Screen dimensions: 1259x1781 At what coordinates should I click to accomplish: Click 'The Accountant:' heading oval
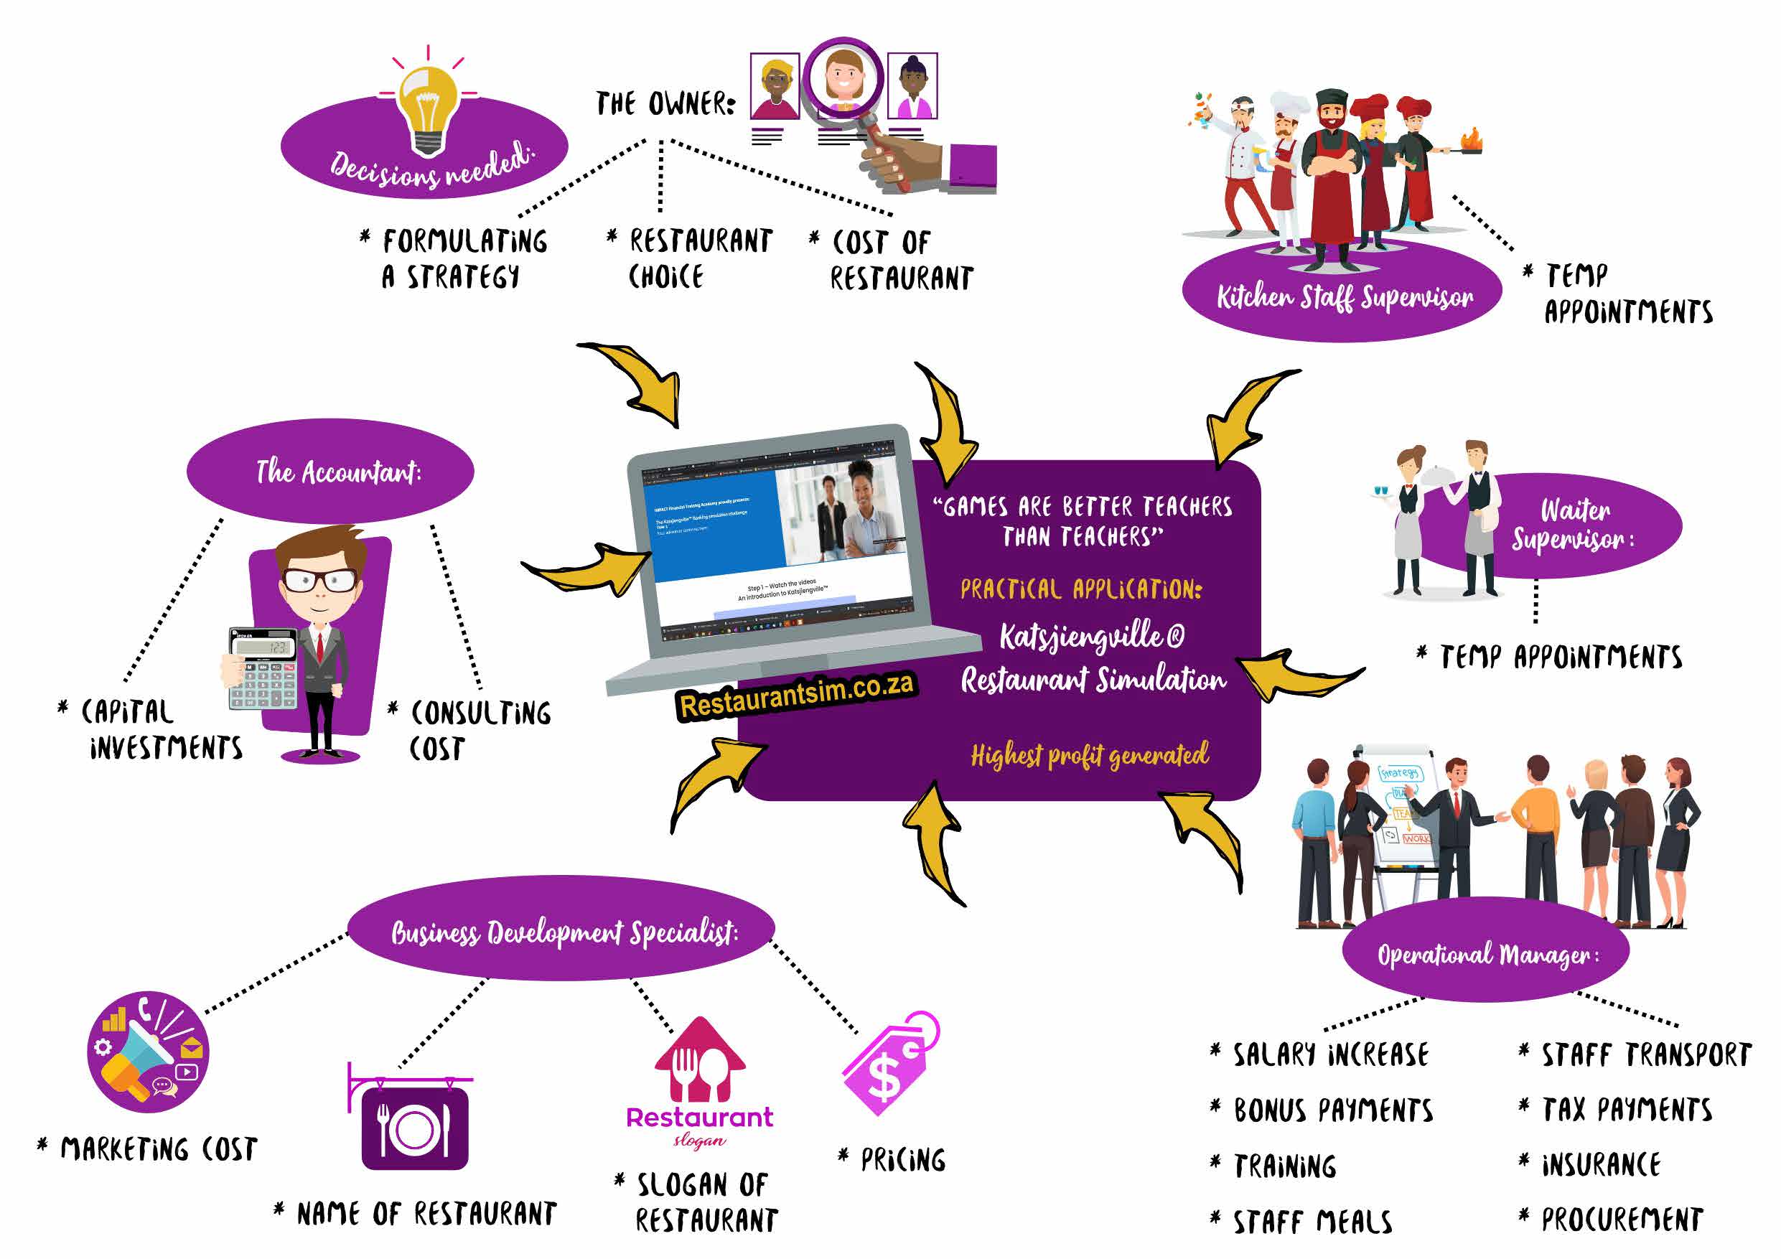[x=338, y=472]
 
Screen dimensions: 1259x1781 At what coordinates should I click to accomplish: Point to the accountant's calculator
[x=263, y=668]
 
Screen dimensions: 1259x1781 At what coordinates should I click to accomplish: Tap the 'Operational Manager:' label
[x=1486, y=954]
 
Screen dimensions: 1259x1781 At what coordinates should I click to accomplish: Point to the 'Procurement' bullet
[x=1621, y=1220]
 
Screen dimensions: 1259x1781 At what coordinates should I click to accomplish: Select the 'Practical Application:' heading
[x=1080, y=589]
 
